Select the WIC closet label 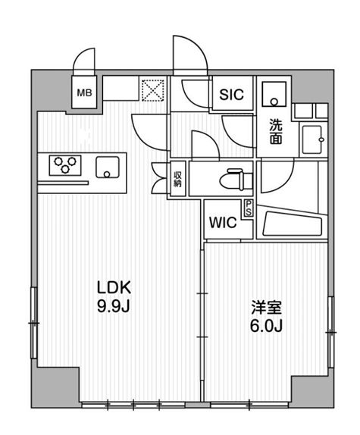coord(222,224)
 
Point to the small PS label coord(248,207)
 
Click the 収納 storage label coord(178,179)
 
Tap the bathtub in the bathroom coord(291,224)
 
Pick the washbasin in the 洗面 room coord(312,139)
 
